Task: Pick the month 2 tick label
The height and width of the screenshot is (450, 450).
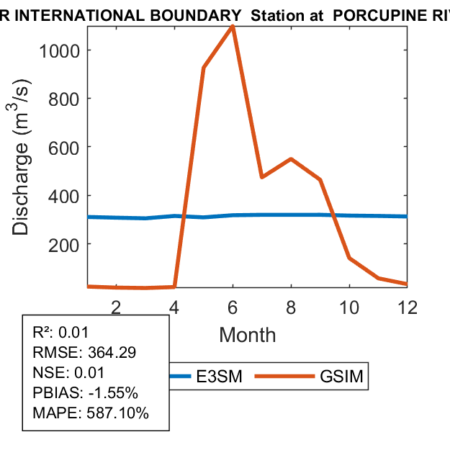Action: point(116,307)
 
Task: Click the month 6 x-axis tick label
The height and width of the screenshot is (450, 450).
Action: point(233,307)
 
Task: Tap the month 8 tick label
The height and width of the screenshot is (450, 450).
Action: point(291,307)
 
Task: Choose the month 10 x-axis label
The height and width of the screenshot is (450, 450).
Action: point(349,307)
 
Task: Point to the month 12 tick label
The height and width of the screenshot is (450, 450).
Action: point(408,307)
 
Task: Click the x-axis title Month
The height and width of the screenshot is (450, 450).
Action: point(247,335)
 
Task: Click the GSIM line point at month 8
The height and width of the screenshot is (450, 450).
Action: point(291,158)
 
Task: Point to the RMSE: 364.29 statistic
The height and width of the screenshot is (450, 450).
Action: point(84,353)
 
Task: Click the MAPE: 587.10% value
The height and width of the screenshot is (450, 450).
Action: point(90,413)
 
